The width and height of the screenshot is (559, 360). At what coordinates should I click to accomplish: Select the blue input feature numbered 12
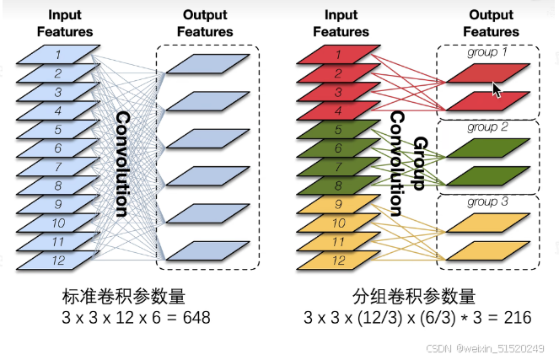click(57, 261)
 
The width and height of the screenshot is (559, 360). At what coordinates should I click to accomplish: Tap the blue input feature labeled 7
click(57, 168)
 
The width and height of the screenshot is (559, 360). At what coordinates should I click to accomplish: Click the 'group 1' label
click(488, 52)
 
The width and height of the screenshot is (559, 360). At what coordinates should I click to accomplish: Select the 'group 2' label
click(488, 128)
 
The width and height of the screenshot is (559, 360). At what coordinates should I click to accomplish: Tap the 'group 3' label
click(488, 202)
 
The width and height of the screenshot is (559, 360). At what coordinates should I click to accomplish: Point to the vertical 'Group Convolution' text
click(411, 164)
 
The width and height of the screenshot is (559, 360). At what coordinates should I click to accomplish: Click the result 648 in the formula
click(192, 319)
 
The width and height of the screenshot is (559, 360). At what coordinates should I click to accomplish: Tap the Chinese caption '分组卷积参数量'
click(413, 297)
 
